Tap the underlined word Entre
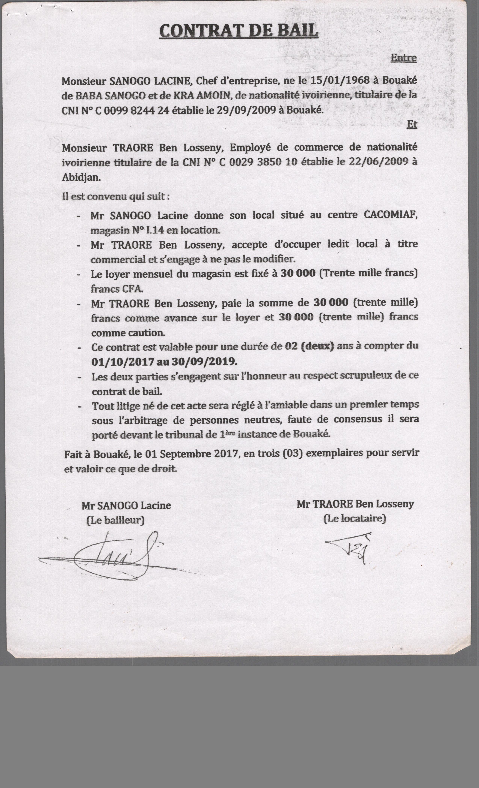[403, 58]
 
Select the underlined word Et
[412, 124]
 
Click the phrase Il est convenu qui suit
[115, 196]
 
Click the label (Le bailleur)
[115, 520]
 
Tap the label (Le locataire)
[354, 518]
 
